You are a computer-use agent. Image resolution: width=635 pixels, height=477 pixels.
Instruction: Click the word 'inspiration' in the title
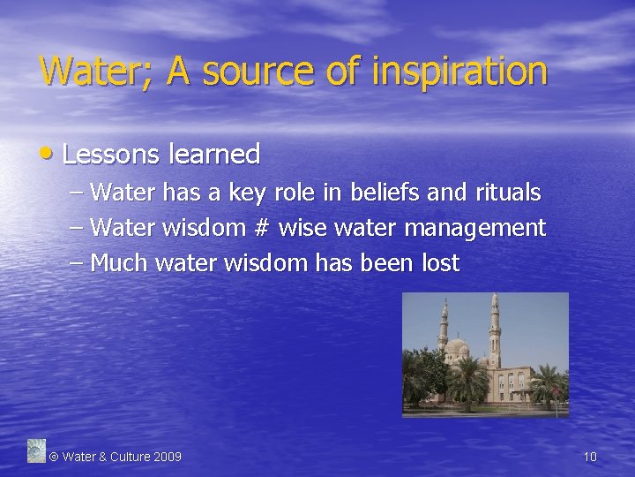pos(459,72)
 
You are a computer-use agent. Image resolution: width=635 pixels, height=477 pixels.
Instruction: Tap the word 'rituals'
pos(507,192)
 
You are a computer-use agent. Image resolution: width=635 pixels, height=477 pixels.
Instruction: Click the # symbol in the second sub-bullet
pos(260,228)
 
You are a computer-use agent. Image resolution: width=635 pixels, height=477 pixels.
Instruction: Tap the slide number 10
pos(590,457)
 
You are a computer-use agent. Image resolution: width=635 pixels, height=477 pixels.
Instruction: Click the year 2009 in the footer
pos(168,457)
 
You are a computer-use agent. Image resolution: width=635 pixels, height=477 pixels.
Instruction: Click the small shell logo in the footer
pos(35,450)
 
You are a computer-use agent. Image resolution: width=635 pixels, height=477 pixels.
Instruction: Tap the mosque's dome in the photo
pos(458,346)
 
